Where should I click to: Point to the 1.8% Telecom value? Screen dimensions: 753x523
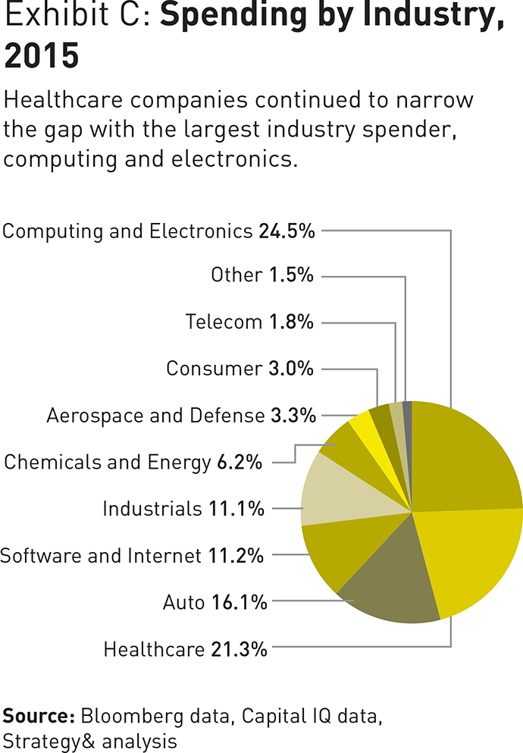click(291, 322)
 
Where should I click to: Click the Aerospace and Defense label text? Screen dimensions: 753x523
click(155, 416)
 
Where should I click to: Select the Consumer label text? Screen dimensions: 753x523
click(214, 369)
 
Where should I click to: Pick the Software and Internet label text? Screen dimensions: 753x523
click(100, 556)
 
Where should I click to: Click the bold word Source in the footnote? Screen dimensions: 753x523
click(38, 715)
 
